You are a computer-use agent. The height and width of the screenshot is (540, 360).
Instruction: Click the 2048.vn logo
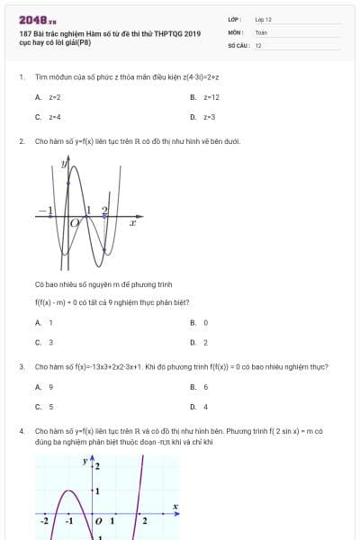(37, 20)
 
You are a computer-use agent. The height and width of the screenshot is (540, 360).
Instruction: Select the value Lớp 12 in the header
(263, 19)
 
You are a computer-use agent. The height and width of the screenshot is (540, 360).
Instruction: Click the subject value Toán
(261, 31)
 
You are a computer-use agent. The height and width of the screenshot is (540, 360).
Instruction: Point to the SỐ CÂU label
(237, 45)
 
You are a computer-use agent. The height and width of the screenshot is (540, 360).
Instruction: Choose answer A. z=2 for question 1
(49, 96)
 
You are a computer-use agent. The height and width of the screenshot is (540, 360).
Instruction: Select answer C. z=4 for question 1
(49, 117)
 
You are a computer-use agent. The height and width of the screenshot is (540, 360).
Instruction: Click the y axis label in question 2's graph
(64, 164)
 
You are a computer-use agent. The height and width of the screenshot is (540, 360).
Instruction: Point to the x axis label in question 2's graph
(132, 222)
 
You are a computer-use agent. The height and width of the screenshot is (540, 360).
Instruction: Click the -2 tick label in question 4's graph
(44, 520)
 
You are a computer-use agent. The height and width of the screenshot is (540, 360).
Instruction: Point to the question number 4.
(21, 431)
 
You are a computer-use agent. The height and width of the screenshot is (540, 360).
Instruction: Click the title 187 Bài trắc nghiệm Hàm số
(109, 34)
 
